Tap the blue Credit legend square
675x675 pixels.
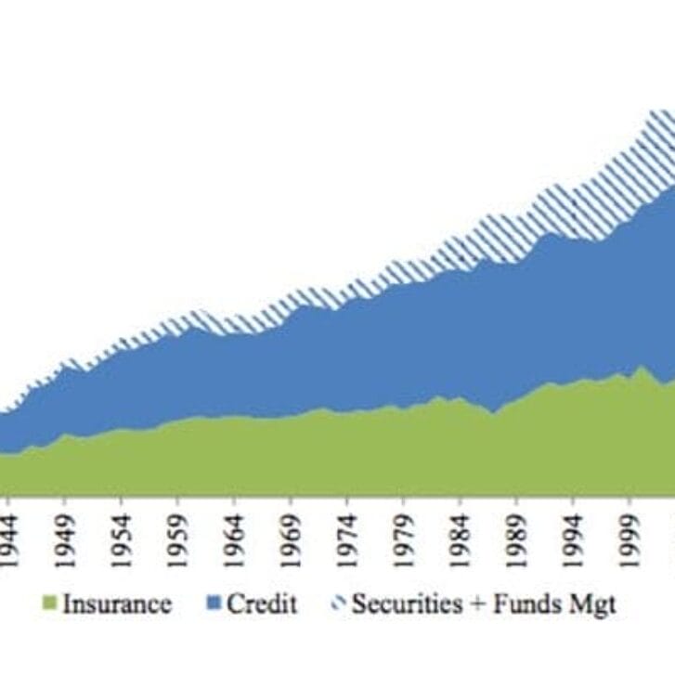tap(215, 605)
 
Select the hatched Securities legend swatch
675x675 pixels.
tap(338, 605)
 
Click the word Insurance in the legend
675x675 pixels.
tap(117, 604)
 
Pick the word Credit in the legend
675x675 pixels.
tap(262, 604)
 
